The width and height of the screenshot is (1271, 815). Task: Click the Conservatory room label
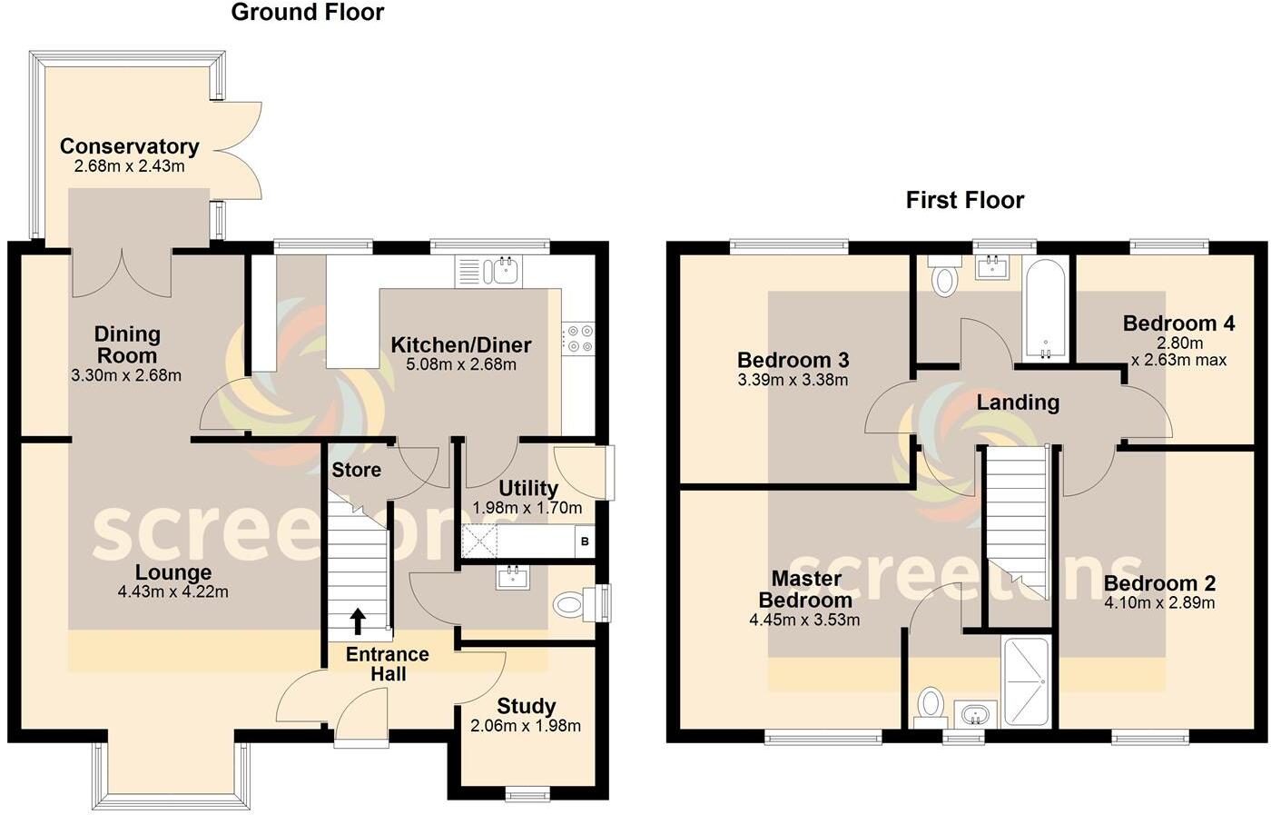tap(129, 146)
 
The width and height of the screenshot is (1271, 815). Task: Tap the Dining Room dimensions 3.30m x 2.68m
tap(126, 375)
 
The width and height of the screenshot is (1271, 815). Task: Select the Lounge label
tap(172, 572)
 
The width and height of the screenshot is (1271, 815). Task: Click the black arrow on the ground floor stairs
tap(358, 621)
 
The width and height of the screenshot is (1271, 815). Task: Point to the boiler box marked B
tap(585, 542)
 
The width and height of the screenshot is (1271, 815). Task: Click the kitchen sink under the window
tap(501, 270)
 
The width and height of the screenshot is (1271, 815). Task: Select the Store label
tap(356, 470)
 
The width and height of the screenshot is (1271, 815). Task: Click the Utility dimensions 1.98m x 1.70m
tap(527, 508)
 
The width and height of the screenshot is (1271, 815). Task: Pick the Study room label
tap(526, 706)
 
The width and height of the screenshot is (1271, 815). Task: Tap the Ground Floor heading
tap(307, 13)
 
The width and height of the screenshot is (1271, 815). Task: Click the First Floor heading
tap(964, 200)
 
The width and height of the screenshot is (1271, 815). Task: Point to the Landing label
tap(1018, 403)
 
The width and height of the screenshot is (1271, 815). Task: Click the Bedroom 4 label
tap(1178, 323)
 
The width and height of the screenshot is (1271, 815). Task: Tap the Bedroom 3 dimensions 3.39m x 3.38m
tap(793, 380)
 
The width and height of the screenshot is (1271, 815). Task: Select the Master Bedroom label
tap(805, 589)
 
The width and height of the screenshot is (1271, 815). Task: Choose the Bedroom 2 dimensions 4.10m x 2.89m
tap(1159, 602)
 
